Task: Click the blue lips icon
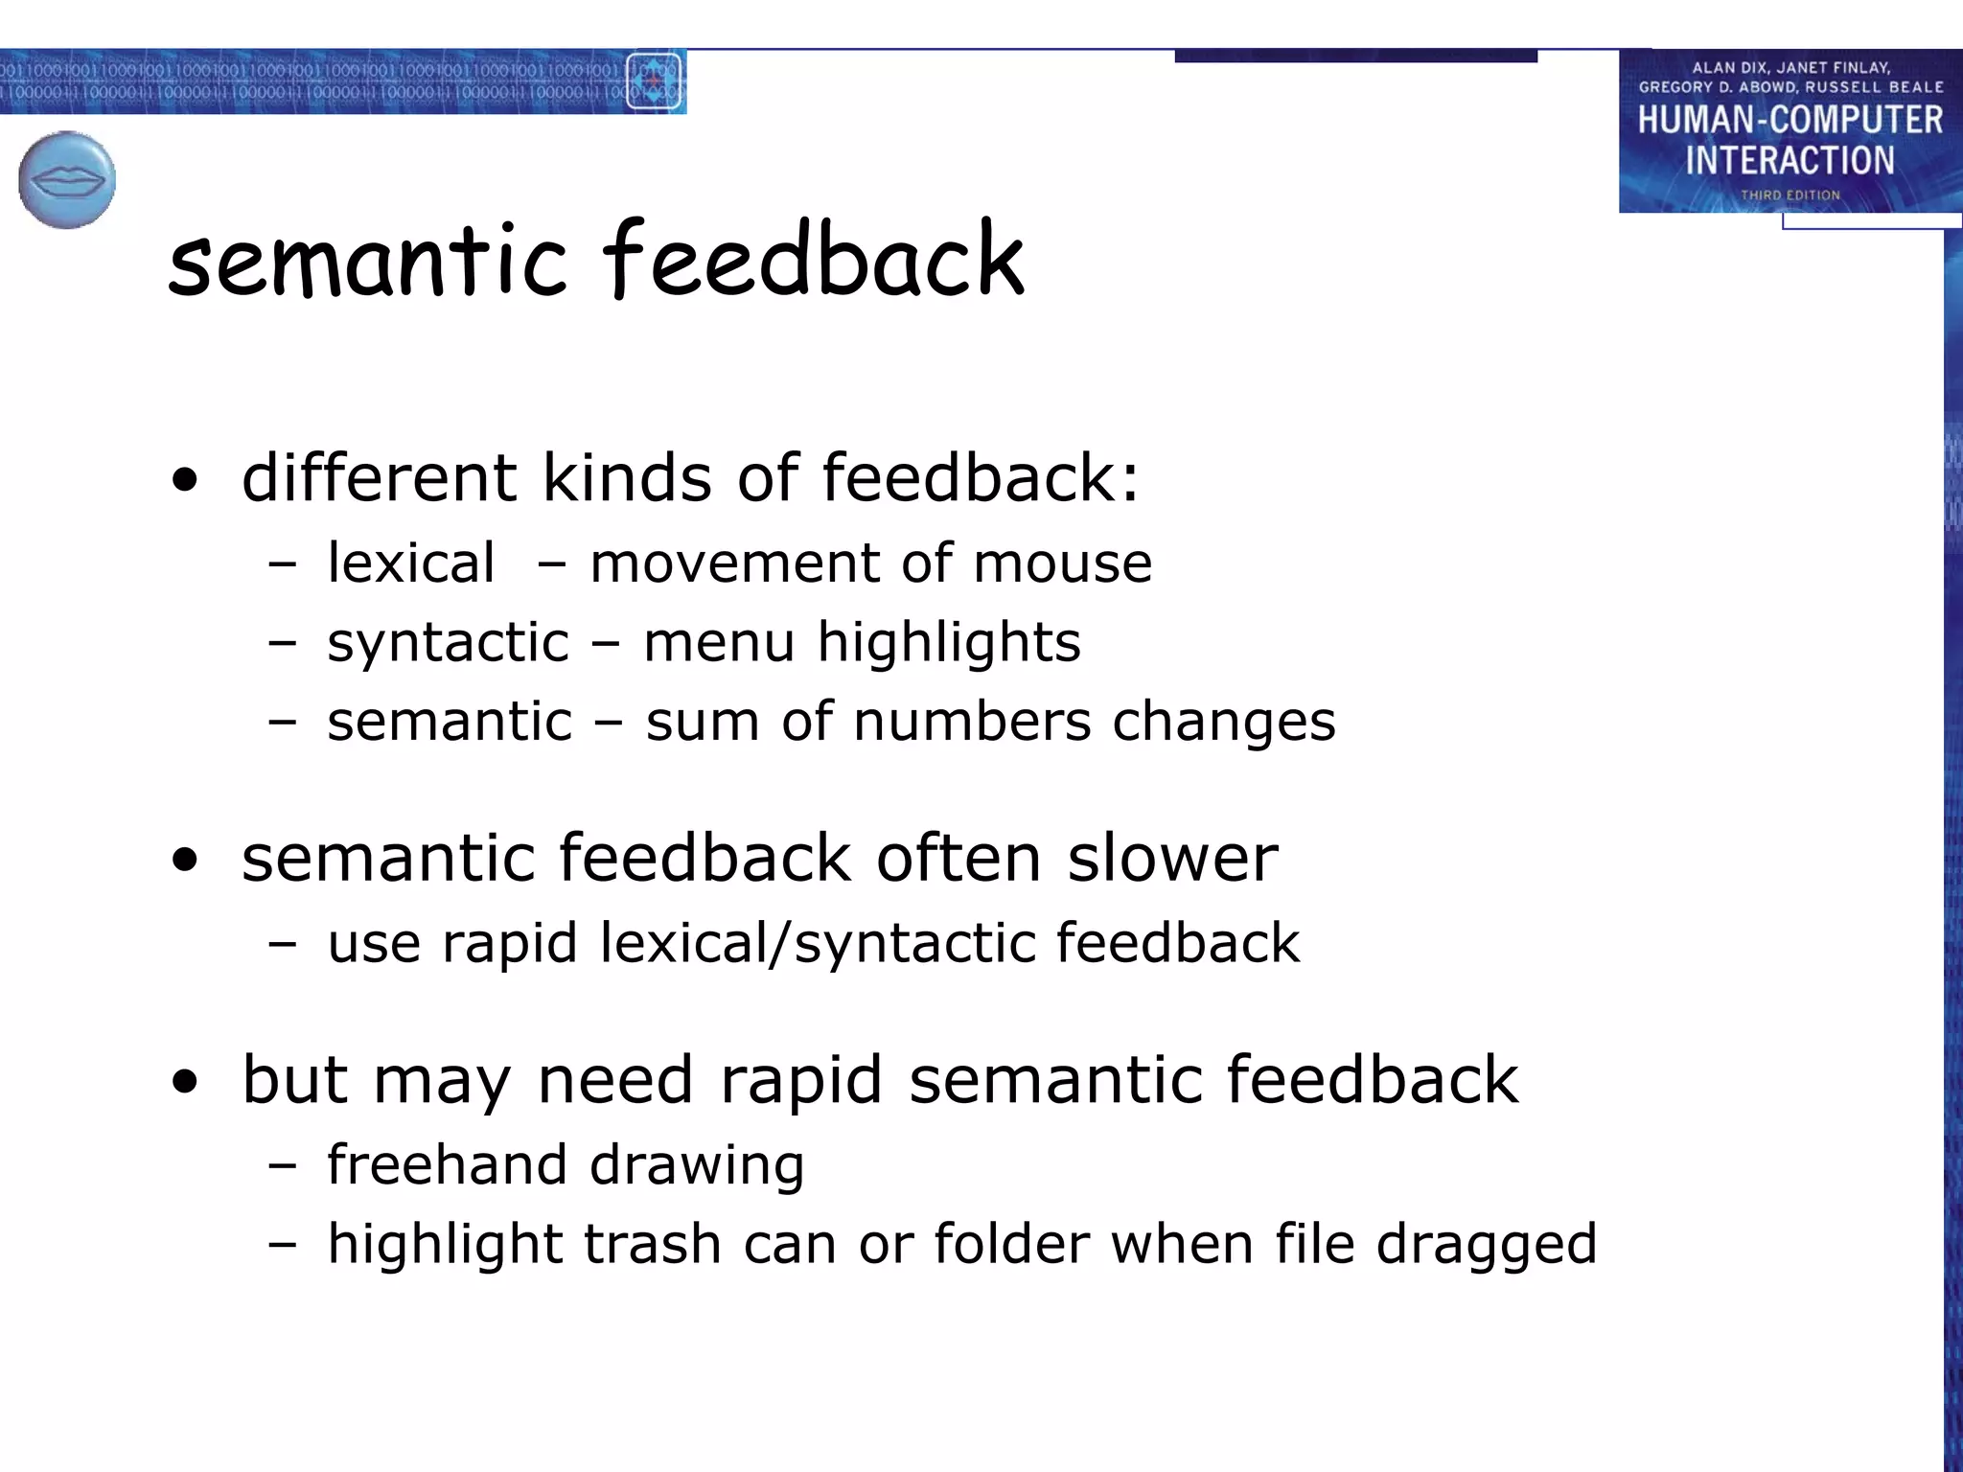point(67,180)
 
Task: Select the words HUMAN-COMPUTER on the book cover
point(1790,120)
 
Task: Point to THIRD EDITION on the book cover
point(1790,195)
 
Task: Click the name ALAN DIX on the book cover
point(1729,68)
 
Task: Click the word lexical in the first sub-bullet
point(411,563)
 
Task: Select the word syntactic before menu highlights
point(448,642)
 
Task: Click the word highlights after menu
point(949,642)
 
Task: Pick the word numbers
point(972,721)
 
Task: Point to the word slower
point(1172,858)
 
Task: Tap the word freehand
point(447,1164)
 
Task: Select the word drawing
point(697,1166)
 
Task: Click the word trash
point(652,1244)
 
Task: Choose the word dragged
point(1487,1246)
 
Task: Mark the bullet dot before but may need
point(185,1082)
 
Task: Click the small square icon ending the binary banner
point(654,81)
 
